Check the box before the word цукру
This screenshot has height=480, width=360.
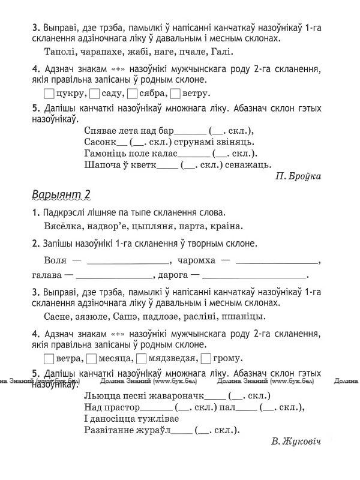click(x=49, y=94)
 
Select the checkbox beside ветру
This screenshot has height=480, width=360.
click(x=175, y=94)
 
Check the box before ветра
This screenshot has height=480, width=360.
click(x=49, y=359)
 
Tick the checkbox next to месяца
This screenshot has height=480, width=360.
click(x=92, y=359)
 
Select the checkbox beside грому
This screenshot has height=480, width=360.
click(x=205, y=359)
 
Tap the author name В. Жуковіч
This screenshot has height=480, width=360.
click(x=296, y=442)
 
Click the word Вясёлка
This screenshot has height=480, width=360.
click(x=63, y=227)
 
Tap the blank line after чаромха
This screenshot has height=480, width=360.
click(x=277, y=262)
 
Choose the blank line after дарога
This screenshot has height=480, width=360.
click(x=255, y=277)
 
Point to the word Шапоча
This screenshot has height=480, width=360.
click(x=101, y=163)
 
